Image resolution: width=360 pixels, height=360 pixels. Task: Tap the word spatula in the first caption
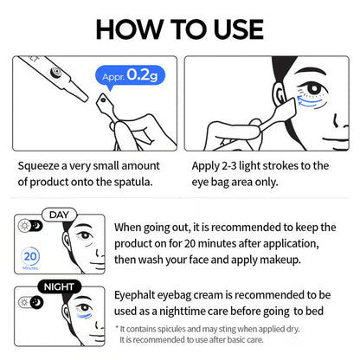click(134, 181)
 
